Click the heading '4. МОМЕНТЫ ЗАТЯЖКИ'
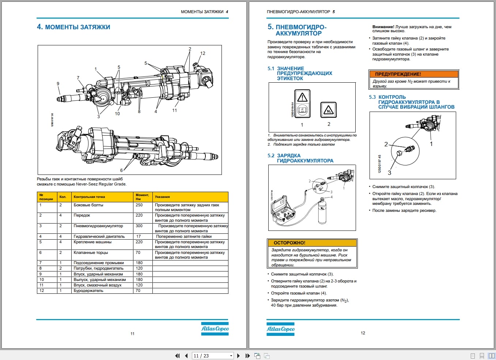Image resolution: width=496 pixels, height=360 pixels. click(x=73, y=27)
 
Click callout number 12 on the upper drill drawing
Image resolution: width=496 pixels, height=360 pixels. click(x=202, y=53)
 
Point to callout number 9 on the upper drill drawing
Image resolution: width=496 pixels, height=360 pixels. click(x=58, y=84)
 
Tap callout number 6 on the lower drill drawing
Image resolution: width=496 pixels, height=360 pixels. click(x=121, y=170)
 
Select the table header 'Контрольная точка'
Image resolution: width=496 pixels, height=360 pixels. click(x=89, y=197)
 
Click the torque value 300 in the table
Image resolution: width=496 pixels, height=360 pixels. click(x=139, y=226)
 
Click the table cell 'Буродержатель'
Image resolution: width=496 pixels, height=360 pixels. click(x=88, y=291)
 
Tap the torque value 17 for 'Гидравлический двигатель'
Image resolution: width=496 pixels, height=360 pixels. click(x=139, y=237)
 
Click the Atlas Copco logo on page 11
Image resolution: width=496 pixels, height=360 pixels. click(x=215, y=329)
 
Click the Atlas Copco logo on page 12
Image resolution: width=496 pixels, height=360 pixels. click(x=280, y=329)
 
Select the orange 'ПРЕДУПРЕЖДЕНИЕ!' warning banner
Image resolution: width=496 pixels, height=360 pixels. click(x=413, y=74)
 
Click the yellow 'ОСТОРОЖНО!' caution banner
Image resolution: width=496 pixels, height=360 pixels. click(x=312, y=243)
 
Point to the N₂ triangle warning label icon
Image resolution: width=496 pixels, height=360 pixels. click(x=328, y=110)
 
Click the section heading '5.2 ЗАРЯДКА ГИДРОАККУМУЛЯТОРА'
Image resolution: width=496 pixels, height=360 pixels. click(x=300, y=158)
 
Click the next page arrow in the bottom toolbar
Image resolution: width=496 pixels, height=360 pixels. click(x=239, y=356)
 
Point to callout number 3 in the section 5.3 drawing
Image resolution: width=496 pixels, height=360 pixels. click(x=389, y=173)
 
